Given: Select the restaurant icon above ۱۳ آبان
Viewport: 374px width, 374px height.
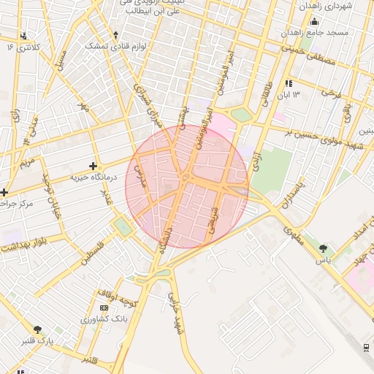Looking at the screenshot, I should (288, 83).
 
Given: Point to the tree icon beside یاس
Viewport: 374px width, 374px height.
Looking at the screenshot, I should (322, 249).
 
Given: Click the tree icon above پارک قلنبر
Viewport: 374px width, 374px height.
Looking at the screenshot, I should (38, 329).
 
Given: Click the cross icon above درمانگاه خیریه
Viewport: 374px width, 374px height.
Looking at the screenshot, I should (92, 166).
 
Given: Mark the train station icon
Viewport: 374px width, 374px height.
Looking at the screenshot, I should (365, 348).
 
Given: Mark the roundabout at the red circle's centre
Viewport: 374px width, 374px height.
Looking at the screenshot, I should (187, 178).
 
